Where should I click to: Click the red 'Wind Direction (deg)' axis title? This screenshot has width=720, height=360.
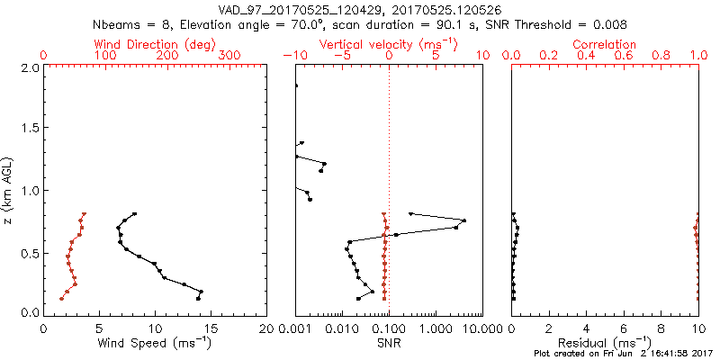click(x=155, y=44)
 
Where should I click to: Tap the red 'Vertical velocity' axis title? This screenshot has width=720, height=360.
click(x=388, y=44)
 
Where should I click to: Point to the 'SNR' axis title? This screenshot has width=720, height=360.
click(x=388, y=343)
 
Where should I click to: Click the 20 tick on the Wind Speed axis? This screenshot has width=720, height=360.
click(x=266, y=328)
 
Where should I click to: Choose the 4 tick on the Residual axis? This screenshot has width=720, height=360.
click(x=587, y=328)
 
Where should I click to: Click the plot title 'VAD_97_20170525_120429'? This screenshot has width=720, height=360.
click(x=297, y=10)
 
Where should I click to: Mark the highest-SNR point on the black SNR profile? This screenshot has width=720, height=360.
click(x=464, y=220)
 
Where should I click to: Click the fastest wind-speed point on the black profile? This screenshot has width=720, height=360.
click(x=201, y=292)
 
